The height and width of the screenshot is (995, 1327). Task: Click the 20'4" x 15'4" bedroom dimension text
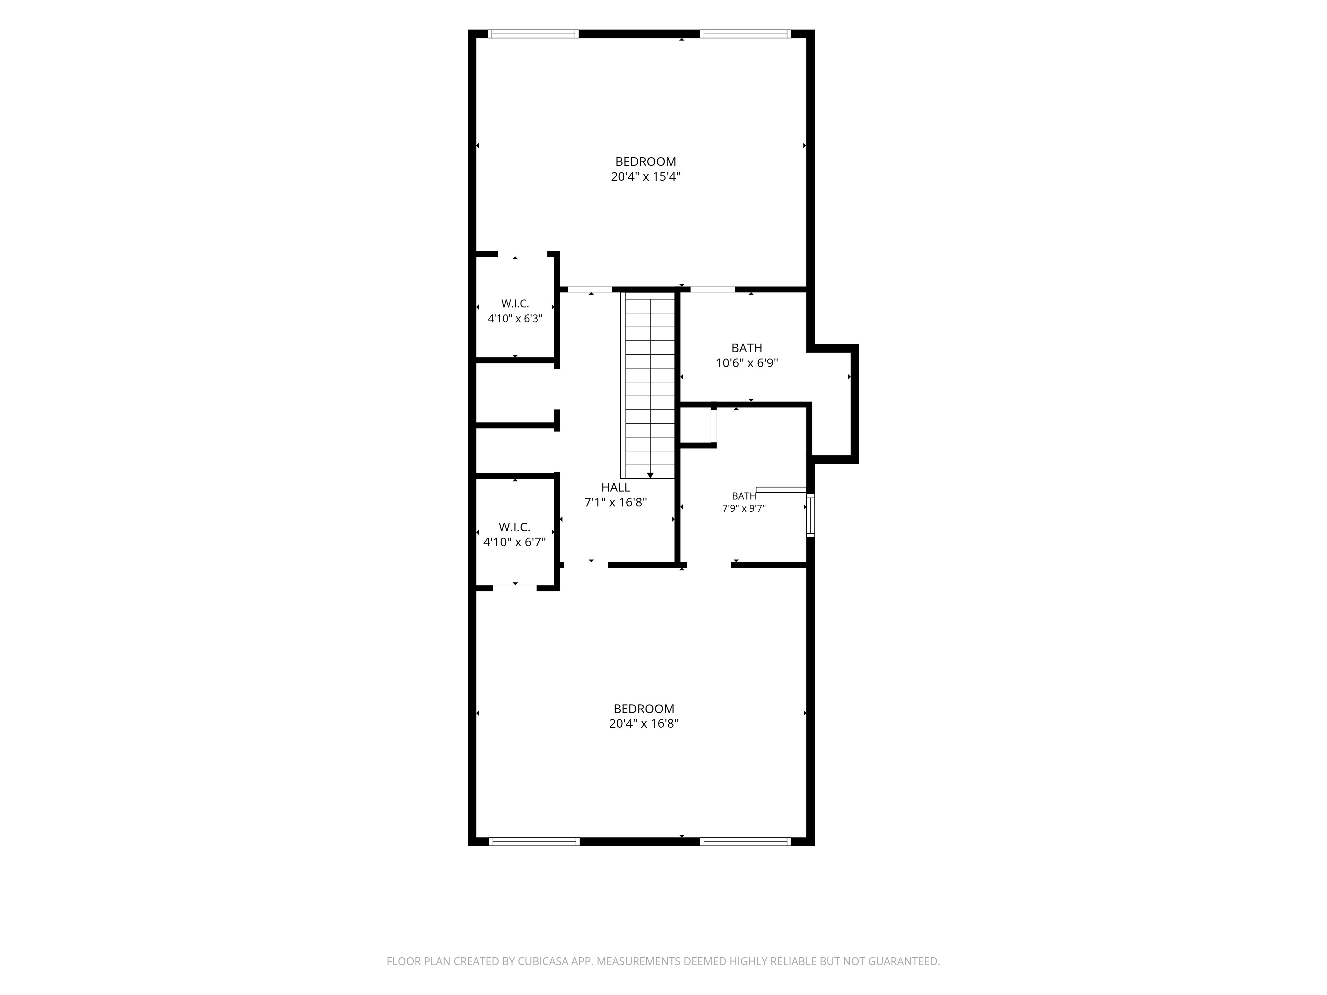click(x=646, y=177)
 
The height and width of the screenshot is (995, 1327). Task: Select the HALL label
click(x=615, y=488)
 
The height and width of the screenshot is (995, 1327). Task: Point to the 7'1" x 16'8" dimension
click(x=615, y=502)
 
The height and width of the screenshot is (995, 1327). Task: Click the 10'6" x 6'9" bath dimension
click(x=747, y=363)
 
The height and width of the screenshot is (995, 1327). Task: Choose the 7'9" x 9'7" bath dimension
click(x=744, y=508)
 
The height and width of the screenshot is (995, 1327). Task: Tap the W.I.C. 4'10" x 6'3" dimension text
click(x=515, y=318)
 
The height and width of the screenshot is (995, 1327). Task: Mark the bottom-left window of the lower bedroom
click(x=534, y=841)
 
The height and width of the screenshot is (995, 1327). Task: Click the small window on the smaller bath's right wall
click(x=810, y=515)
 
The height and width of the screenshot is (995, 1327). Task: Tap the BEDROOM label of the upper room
click(x=646, y=162)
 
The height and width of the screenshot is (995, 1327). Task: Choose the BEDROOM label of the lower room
click(x=644, y=708)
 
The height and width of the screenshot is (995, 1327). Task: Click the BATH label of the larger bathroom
click(x=747, y=348)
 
